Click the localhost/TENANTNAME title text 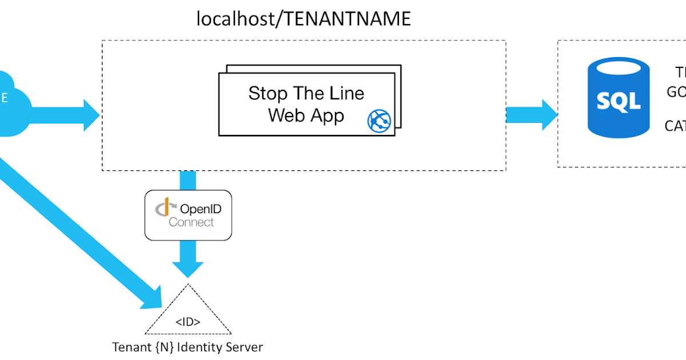[304, 19]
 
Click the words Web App [306, 115]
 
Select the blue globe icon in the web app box [379, 121]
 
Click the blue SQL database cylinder [618, 101]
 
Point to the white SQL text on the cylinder [618, 102]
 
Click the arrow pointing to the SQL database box [532, 115]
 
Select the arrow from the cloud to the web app [63, 115]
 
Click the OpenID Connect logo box [188, 215]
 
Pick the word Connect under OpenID [191, 222]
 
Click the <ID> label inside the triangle [188, 322]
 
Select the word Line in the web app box [345, 93]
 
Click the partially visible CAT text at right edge [675, 126]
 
